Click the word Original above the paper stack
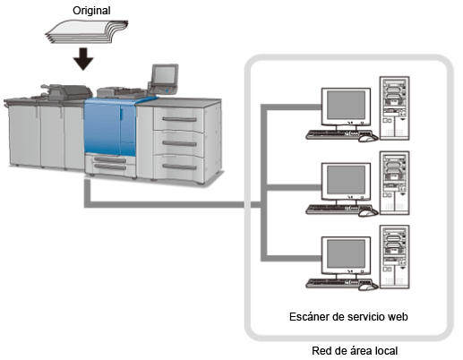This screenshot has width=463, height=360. pyautogui.click(x=91, y=11)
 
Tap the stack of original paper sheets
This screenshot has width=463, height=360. pyautogui.click(x=87, y=31)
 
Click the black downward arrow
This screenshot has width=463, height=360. pyautogui.click(x=83, y=59)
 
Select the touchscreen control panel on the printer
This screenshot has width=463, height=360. pyautogui.click(x=165, y=74)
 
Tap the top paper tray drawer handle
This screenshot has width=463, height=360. pyautogui.click(x=179, y=120)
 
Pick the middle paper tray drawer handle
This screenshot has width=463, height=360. pyautogui.click(x=179, y=143)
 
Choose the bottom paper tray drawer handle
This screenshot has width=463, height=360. pyautogui.click(x=179, y=167)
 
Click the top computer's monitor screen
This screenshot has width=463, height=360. pyautogui.click(x=346, y=105)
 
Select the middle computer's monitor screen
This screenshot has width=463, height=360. pyautogui.click(x=346, y=180)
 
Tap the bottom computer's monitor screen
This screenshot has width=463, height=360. pyautogui.click(x=346, y=253)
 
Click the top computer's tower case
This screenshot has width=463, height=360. pyautogui.click(x=394, y=108)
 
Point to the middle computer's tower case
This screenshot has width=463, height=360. pyautogui.click(x=394, y=183)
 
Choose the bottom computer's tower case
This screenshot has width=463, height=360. pyautogui.click(x=394, y=257)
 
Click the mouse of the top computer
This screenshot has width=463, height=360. pyautogui.click(x=368, y=138)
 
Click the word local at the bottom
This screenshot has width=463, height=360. pyautogui.click(x=386, y=351)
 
